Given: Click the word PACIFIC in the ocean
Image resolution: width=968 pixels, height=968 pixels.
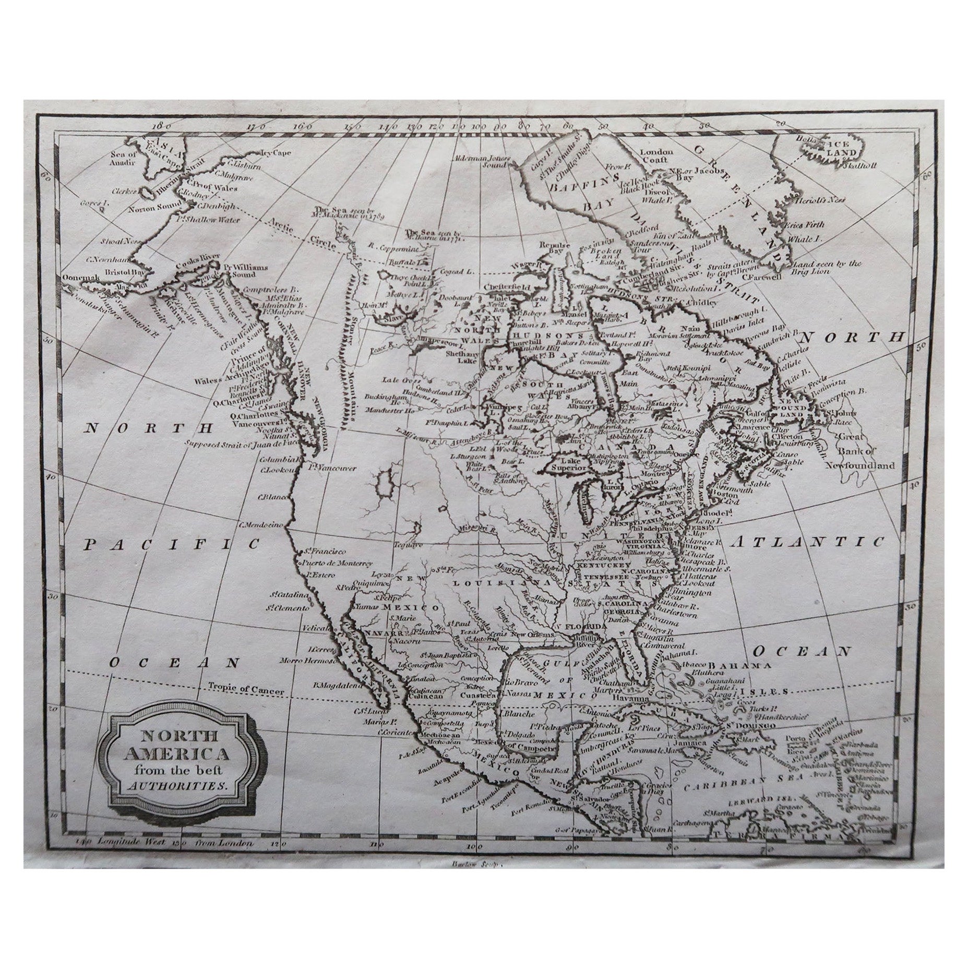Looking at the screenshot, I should [x=172, y=544].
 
